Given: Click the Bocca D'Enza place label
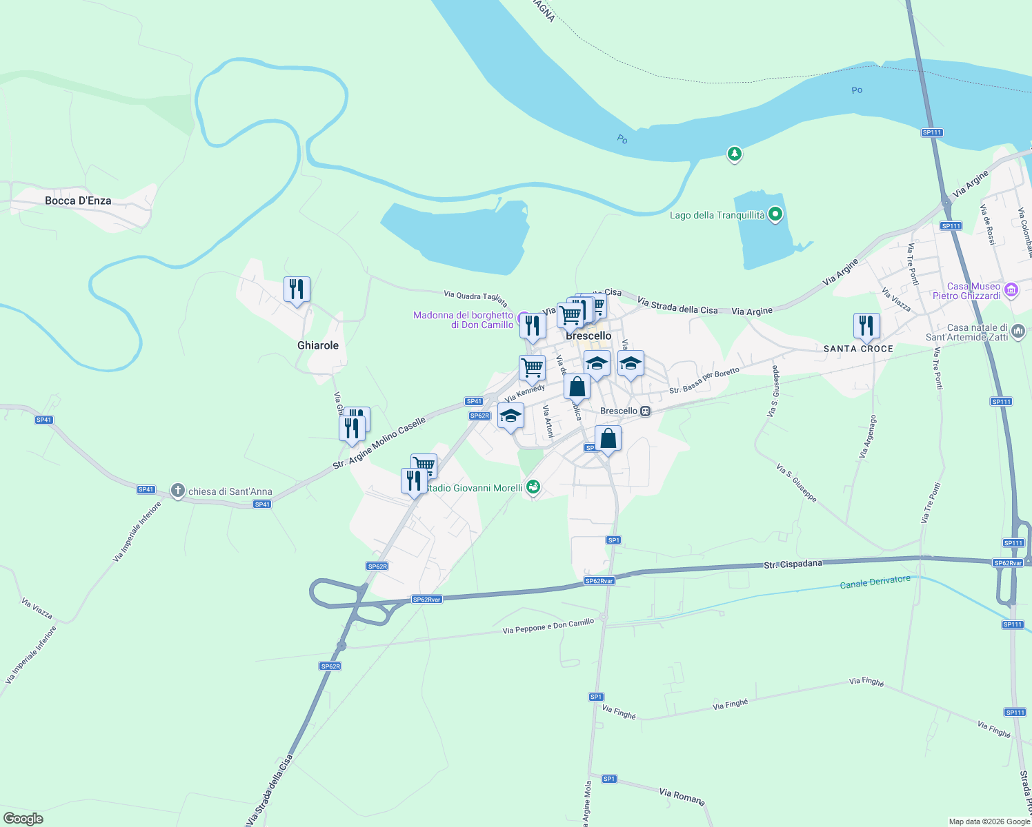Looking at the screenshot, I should [78, 201].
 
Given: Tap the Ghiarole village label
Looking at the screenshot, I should [318, 345].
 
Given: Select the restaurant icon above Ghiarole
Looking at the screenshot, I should [297, 289].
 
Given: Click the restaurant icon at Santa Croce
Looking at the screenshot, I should [866, 326].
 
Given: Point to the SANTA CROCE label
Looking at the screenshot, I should [858, 349].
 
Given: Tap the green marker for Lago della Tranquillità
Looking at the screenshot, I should [775, 214].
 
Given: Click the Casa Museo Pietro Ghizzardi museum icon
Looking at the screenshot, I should [1011, 290].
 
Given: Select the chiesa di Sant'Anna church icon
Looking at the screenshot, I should [178, 491].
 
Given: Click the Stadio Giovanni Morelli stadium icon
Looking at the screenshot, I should [533, 487].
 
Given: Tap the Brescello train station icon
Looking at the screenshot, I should [646, 411].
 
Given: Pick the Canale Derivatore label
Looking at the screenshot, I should [875, 582].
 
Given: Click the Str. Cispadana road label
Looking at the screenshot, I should [793, 564].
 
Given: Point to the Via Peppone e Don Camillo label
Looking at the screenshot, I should [548, 626].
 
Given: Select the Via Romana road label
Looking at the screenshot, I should [682, 796].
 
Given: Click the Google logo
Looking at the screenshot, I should [23, 819].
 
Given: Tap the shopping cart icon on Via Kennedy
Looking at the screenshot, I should [532, 367].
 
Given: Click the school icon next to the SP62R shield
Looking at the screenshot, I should [510, 416].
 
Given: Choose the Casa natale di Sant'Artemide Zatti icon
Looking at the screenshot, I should [1018, 331].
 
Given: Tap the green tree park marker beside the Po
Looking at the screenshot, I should [735, 153].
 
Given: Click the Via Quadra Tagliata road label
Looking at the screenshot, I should [476, 298].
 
